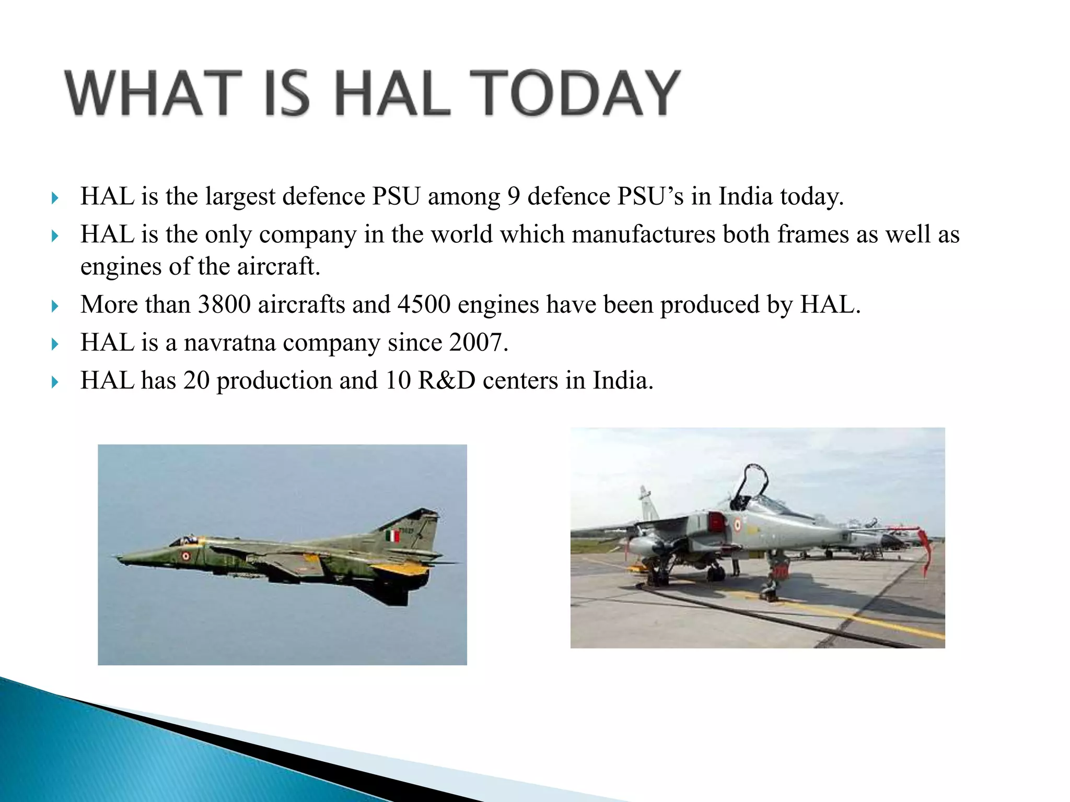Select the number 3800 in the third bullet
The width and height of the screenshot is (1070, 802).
point(224,305)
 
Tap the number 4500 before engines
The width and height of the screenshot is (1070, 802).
point(424,305)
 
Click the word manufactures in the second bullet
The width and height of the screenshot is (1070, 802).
point(643,234)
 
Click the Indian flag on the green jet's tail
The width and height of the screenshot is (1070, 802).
point(392,536)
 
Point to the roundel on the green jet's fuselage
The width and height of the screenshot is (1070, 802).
point(185,556)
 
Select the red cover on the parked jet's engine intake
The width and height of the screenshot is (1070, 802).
point(716,521)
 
